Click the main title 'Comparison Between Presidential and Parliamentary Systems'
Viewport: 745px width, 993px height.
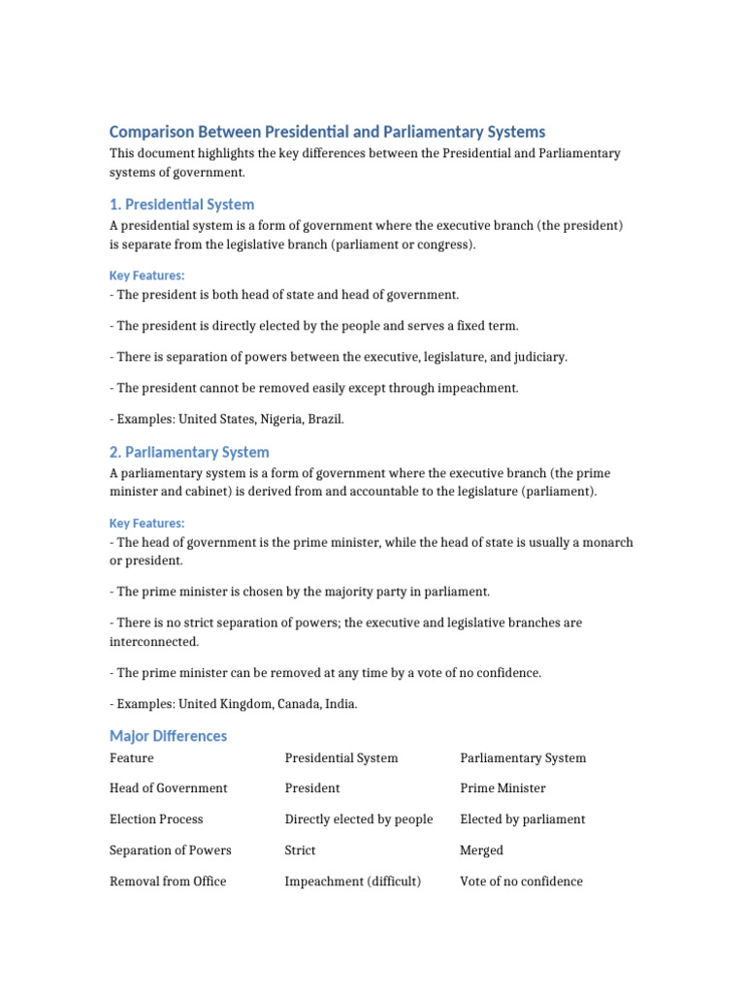point(327,131)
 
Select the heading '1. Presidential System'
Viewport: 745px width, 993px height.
point(181,205)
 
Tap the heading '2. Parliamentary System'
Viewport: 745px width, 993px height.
point(189,452)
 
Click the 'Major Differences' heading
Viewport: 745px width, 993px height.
point(168,735)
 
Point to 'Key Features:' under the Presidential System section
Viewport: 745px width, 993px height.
point(146,275)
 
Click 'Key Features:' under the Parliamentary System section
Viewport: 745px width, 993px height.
point(146,524)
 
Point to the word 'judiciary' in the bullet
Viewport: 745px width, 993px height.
point(537,357)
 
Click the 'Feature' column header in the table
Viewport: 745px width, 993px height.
point(132,757)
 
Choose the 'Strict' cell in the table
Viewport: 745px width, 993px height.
point(300,850)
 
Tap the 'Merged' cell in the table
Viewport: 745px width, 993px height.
point(481,850)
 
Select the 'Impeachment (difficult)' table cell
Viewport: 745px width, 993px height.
point(353,881)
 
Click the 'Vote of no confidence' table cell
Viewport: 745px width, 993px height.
point(521,881)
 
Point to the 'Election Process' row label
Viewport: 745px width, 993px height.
point(156,819)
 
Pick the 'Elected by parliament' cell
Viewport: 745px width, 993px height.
point(522,819)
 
